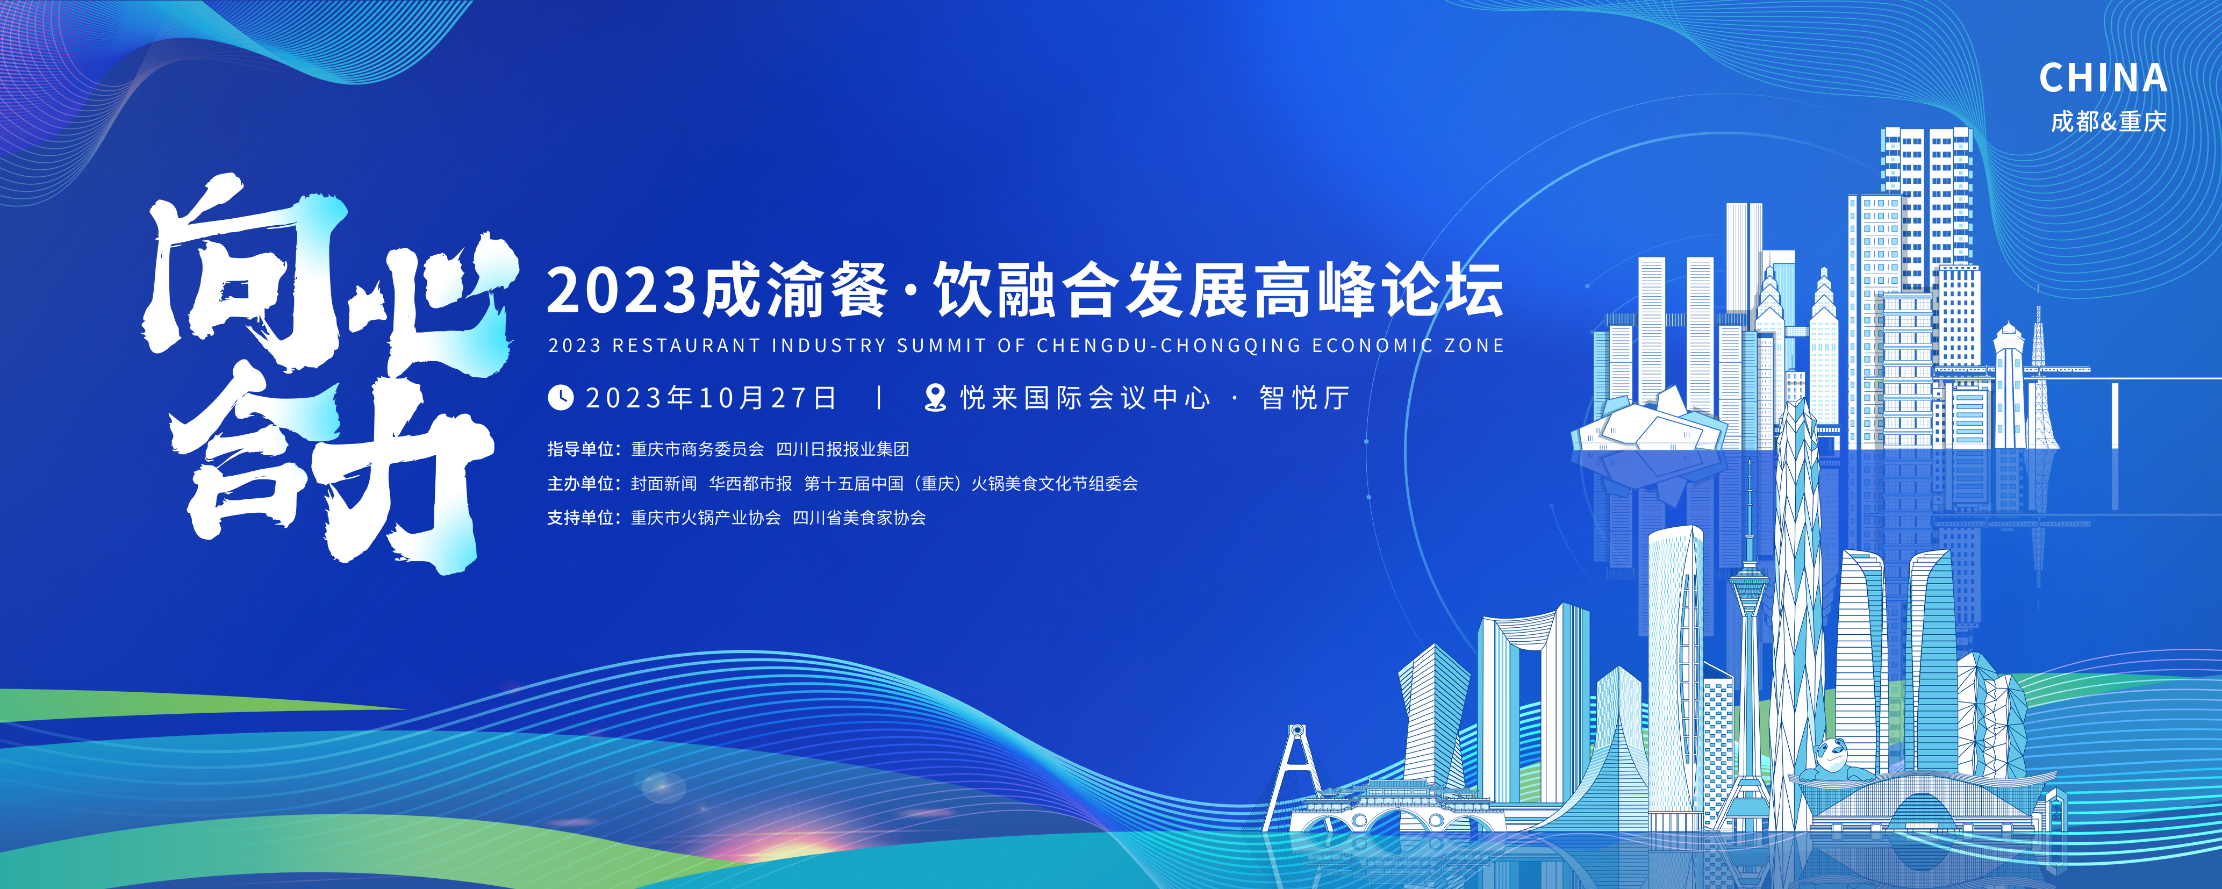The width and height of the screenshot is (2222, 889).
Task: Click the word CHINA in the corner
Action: pyautogui.click(x=2103, y=78)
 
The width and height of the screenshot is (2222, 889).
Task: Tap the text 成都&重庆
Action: pyautogui.click(x=2108, y=121)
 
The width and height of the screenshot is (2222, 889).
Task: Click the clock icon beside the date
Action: pyautogui.click(x=561, y=398)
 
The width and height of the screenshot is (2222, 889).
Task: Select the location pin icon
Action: pyautogui.click(x=935, y=398)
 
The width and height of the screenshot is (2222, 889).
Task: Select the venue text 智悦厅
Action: pyautogui.click(x=1304, y=398)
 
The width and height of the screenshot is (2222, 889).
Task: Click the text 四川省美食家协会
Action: pyautogui.click(x=859, y=518)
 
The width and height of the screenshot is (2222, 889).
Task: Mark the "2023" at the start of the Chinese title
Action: pyautogui.click(x=621, y=291)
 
